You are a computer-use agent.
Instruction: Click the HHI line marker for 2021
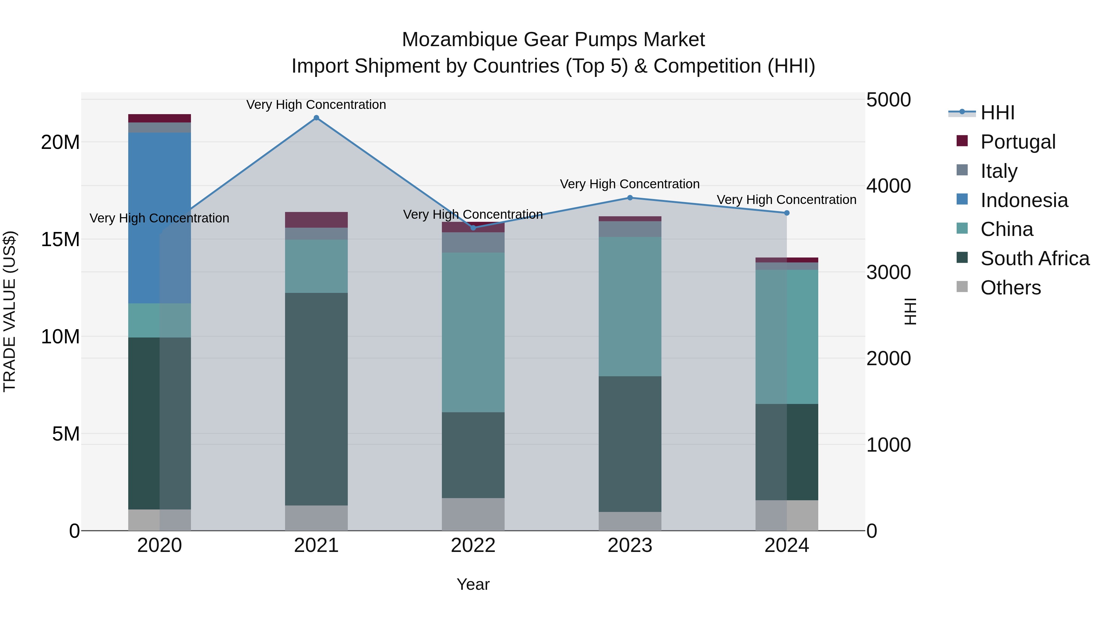click(316, 118)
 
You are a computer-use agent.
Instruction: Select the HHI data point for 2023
click(630, 198)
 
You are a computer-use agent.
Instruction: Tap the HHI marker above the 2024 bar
click(787, 213)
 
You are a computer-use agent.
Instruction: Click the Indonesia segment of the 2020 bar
click(159, 218)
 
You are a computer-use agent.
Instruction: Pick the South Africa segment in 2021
click(316, 399)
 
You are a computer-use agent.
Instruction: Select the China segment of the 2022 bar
click(473, 332)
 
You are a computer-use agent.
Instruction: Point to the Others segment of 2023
click(630, 521)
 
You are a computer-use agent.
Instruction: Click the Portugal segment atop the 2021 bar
click(316, 220)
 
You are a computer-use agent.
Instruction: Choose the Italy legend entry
click(999, 171)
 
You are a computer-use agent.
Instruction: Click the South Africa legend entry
click(1034, 258)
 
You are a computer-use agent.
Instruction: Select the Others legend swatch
click(962, 287)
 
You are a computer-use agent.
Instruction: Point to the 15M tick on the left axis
click(60, 239)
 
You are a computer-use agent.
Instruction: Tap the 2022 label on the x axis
click(473, 545)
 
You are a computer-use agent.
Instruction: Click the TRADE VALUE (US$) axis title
click(10, 311)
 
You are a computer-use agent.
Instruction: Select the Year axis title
click(473, 584)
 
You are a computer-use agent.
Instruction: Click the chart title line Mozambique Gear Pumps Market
click(553, 40)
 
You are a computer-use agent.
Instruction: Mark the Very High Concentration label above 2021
click(316, 105)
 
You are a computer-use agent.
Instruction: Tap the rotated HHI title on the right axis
click(910, 311)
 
